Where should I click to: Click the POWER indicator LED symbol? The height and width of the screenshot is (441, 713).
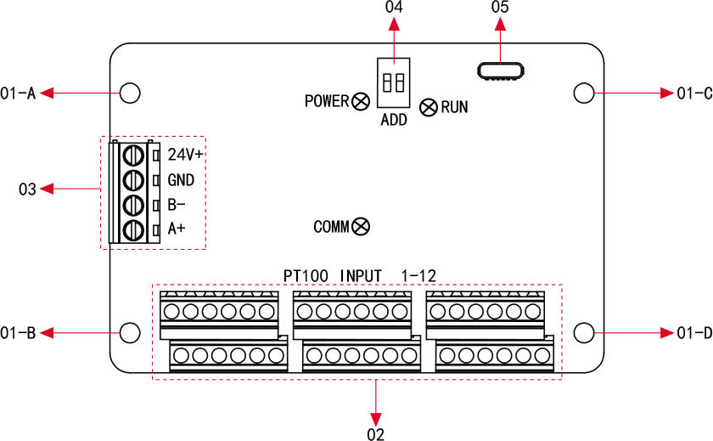360,101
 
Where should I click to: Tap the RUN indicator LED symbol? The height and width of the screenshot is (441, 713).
429,107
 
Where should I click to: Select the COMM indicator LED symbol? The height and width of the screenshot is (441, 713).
361,226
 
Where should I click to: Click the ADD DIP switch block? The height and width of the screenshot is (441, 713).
393,82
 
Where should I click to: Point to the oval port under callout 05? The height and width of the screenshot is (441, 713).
499,71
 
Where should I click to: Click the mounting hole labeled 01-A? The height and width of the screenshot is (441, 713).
130,93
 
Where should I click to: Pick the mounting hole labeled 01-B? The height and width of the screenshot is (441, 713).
130,332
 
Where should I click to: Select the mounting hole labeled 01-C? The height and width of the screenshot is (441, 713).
583,93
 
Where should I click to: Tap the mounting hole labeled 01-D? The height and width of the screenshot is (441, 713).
583,332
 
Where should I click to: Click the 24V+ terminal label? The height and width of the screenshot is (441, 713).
186,155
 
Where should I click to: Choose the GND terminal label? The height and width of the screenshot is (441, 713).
181,180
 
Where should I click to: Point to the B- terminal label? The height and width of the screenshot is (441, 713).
177,205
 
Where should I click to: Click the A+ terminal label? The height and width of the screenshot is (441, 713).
177,229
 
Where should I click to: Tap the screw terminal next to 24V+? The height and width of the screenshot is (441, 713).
132,155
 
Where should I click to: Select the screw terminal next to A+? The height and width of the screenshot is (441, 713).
132,229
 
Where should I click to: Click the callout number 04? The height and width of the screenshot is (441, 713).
393,8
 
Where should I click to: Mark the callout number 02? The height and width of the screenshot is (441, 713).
376,433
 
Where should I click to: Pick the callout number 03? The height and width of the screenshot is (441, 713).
27,189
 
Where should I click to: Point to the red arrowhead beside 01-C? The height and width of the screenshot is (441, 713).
667,93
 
